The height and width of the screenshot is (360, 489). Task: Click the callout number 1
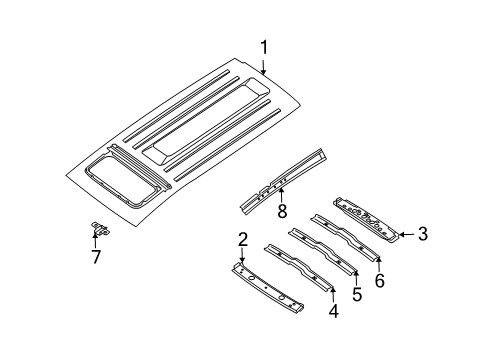point(264,48)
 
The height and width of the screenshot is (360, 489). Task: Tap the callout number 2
point(243,240)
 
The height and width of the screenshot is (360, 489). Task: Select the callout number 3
point(423,234)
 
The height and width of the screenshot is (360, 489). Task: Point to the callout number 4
point(334,311)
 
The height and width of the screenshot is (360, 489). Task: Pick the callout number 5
point(357,294)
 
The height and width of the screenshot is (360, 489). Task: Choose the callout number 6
point(380,280)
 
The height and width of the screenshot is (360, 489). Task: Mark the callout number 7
point(96,257)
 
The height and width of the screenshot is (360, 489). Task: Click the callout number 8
point(282,211)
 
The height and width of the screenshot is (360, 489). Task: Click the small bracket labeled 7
point(100,228)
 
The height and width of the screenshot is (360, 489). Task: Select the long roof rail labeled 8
point(283,181)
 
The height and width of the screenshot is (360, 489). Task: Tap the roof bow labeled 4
point(298,268)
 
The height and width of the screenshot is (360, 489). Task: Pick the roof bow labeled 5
point(322,252)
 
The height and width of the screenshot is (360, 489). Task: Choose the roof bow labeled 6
point(345,237)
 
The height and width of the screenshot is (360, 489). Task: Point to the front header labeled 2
point(268,288)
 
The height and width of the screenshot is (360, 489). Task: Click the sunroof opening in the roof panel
point(121,181)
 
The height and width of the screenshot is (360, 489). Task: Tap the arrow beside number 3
point(407,235)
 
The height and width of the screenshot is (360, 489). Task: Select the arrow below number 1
point(264,67)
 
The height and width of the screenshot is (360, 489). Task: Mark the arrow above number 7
point(95,241)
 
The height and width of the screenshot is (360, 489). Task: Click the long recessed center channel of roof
point(207,121)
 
